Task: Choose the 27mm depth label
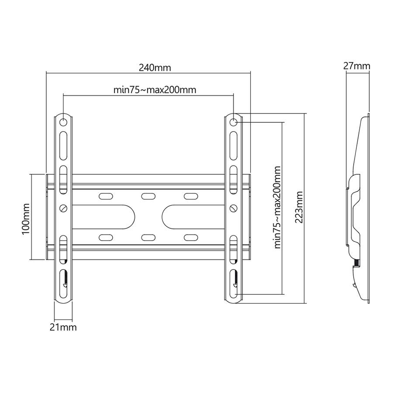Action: point(356,66)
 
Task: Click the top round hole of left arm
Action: point(63,122)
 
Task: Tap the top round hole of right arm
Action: point(234,122)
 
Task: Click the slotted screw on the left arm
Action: point(64,208)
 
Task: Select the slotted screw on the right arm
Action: point(234,208)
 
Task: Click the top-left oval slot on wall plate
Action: point(106,196)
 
